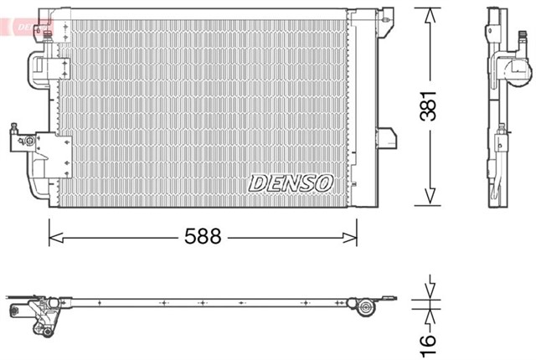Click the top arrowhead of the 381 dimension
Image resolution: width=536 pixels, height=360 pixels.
click(x=428, y=14)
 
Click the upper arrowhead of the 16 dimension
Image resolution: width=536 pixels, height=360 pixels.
click(x=428, y=293)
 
